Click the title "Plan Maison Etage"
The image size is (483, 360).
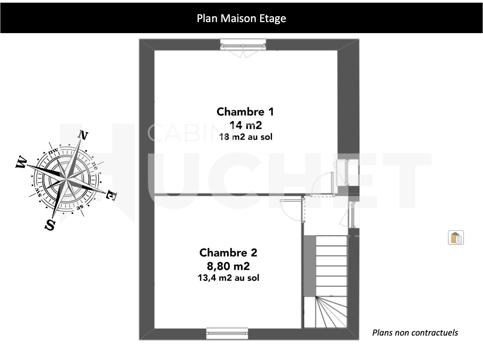241,18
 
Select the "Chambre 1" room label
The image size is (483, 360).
245,112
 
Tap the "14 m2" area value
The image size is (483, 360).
246,125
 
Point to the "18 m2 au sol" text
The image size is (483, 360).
246,137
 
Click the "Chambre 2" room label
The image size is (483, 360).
228,253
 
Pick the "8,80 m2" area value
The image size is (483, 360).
228,266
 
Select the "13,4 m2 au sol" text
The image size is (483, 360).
228,278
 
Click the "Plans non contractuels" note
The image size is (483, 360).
415,333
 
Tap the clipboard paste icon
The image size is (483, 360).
456,238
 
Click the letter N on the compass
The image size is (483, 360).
83,135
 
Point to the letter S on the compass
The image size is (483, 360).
50,225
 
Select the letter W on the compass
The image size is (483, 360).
21,162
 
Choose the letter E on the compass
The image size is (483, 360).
111,195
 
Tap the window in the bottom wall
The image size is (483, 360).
227,334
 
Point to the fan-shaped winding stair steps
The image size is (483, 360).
331,312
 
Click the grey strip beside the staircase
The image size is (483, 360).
310,266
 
